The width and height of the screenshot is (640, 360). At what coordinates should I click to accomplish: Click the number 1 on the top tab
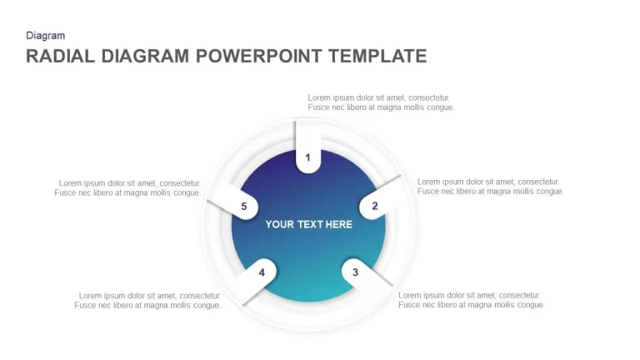pos(307,157)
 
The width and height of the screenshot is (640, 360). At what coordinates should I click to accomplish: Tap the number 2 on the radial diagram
pos(375,206)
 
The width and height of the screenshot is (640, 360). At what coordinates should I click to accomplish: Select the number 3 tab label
pos(355,272)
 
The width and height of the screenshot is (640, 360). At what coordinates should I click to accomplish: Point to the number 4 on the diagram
pos(262,272)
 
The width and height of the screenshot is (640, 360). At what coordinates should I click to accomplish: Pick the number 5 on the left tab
pos(243,207)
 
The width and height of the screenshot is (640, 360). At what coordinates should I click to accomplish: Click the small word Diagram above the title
pos(45,36)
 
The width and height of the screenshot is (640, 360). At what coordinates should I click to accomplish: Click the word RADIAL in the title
pos(60,56)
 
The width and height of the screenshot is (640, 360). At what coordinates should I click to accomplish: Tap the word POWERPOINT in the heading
pos(259,56)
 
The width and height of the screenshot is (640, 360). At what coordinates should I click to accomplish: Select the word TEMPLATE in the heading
pos(377,56)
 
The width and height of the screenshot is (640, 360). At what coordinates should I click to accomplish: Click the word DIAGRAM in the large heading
pos(145,56)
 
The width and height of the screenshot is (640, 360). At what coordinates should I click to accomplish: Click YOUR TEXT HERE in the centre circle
pos(308,224)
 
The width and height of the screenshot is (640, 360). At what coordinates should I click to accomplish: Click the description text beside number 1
pos(381,102)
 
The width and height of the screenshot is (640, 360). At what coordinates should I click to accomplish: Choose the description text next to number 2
pos(490,187)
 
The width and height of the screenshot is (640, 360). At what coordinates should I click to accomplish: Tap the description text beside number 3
pos(471,300)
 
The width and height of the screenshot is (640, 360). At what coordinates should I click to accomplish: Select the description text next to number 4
pos(147,300)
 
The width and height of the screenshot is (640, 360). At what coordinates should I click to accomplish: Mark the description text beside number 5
pos(127,187)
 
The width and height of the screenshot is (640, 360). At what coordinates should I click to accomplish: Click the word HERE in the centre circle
pos(339,224)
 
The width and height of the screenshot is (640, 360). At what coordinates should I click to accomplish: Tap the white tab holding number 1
pos(307,146)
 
